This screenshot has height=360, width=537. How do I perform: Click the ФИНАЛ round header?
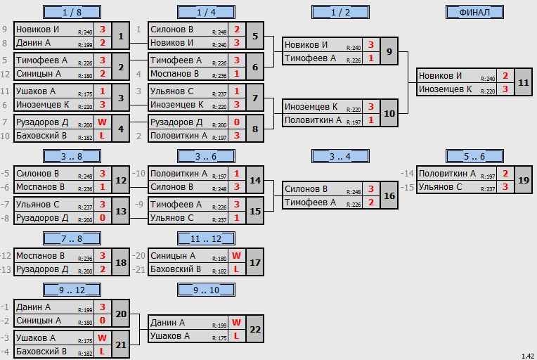tap(474, 13)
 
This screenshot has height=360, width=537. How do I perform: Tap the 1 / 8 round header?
tap(72, 13)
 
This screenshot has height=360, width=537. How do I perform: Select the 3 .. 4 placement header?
tap(340, 157)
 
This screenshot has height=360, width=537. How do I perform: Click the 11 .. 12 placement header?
tap(206, 239)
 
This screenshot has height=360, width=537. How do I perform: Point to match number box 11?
tap(524, 82)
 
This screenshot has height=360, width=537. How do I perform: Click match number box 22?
tap(255, 329)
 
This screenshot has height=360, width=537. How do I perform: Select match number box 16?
tap(389, 195)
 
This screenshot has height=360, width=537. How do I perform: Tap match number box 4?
tap(121, 129)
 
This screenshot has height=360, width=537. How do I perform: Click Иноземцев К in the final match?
tap(445, 89)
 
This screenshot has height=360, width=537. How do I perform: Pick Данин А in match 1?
tap(33, 43)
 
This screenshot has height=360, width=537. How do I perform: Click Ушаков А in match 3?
tap(36, 91)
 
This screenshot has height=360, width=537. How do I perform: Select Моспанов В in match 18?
tap(40, 256)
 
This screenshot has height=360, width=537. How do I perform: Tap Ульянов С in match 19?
tap(441, 187)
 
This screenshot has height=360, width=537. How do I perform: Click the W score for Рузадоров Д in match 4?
tap(102, 122)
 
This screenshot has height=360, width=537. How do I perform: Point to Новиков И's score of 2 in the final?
tap(505, 76)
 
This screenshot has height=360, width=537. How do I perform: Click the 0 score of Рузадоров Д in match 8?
tap(237, 122)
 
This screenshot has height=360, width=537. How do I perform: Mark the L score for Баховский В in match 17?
tap(236, 269)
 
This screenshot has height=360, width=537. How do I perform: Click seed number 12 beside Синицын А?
tap(5, 74)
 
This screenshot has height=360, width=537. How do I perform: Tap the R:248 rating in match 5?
tap(219, 32)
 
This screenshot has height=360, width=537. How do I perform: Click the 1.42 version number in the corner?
tap(528, 356)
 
